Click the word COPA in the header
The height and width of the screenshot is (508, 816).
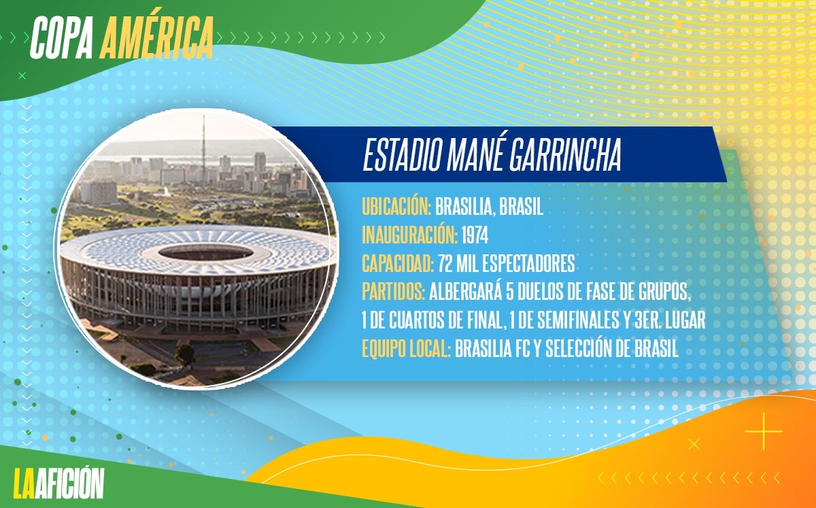(x=62, y=37)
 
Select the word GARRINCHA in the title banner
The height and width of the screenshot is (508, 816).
(x=565, y=155)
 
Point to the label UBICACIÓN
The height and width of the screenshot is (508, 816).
(x=396, y=206)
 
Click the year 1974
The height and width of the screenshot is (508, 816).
(x=475, y=235)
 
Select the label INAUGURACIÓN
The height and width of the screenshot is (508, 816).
(x=409, y=235)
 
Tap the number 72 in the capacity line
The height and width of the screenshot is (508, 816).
(x=445, y=263)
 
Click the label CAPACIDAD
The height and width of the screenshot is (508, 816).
(x=397, y=263)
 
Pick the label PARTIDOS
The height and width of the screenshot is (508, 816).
(x=393, y=291)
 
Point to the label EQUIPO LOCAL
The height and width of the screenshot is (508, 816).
(x=406, y=349)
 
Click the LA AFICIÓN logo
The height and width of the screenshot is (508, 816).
(x=58, y=483)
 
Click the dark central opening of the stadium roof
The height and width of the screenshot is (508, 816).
(x=206, y=252)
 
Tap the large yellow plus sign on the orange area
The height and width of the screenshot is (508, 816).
(x=764, y=431)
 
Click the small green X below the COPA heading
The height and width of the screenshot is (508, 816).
(x=22, y=75)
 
